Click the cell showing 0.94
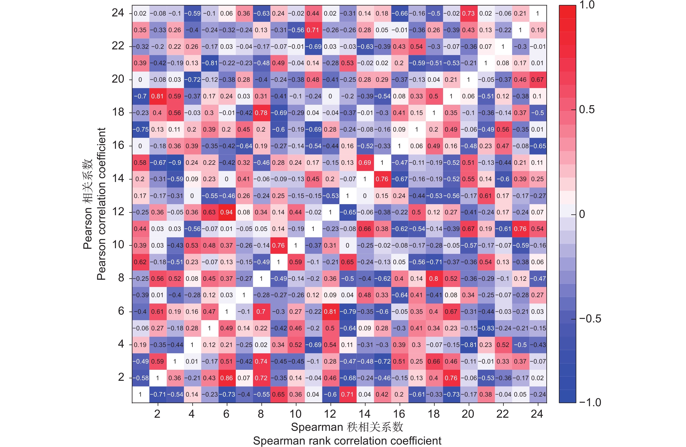(x=226, y=212)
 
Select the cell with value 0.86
(x=226, y=378)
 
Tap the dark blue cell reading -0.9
(x=175, y=163)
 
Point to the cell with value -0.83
(x=486, y=328)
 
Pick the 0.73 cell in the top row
(x=468, y=14)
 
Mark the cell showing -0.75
(x=140, y=129)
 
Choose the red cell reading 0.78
(x=261, y=113)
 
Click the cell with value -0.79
(x=348, y=312)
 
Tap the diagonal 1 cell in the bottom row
(x=140, y=394)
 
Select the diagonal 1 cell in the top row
(x=538, y=14)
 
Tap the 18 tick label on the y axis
(x=118, y=112)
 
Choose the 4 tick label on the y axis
(x=121, y=344)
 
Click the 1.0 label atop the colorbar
(x=587, y=5)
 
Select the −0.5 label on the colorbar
(x=590, y=318)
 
